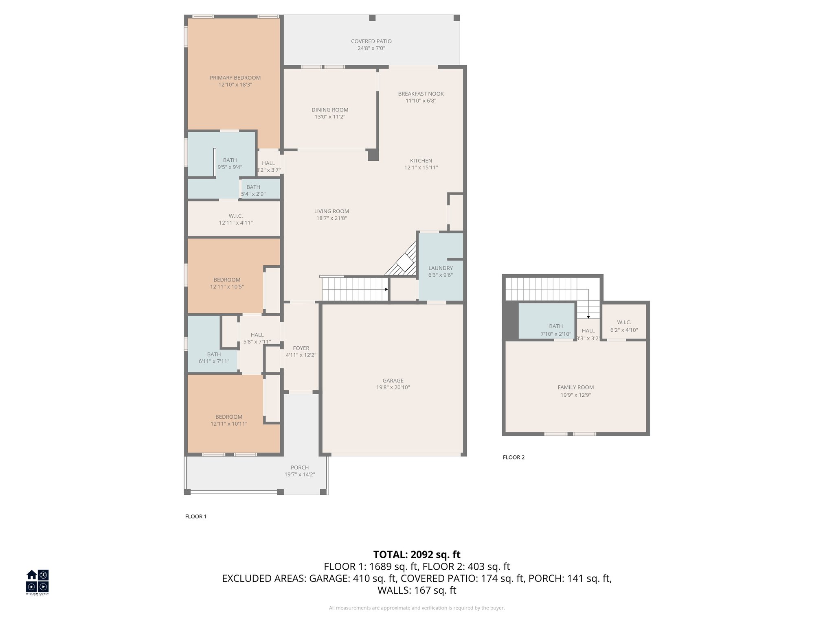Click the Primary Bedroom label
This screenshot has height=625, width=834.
(x=235, y=78)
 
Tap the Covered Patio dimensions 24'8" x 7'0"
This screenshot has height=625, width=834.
(x=371, y=48)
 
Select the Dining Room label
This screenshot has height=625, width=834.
(x=330, y=110)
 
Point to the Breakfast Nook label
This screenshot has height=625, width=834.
(x=421, y=94)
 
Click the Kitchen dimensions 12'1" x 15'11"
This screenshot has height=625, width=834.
(x=421, y=168)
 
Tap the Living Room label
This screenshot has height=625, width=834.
(x=331, y=211)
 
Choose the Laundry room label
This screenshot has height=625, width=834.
(x=440, y=268)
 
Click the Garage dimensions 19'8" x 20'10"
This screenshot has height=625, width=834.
(x=393, y=388)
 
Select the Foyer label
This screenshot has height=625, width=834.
(x=301, y=348)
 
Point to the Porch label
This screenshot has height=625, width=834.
(x=300, y=468)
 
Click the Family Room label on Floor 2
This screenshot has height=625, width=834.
(x=575, y=387)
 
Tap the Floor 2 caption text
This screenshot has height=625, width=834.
(x=514, y=457)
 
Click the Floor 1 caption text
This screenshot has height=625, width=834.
(x=196, y=517)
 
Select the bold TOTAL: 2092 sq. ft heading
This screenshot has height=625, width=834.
(x=417, y=555)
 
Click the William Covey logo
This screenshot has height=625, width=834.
(x=37, y=582)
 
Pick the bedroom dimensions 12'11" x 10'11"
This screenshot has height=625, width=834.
(x=229, y=424)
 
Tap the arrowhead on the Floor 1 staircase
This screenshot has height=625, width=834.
(x=386, y=289)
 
